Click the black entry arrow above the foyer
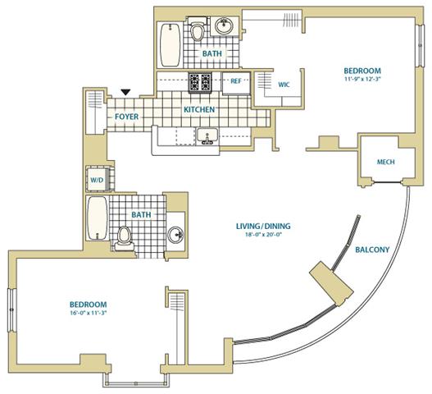pyautogui.click(x=125, y=92)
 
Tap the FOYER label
pyautogui.click(x=127, y=117)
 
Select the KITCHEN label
pyautogui.click(x=199, y=109)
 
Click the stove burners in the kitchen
pyautogui.click(x=200, y=82)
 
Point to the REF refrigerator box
pyautogui.click(x=236, y=83)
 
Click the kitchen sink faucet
pyautogui.click(x=207, y=140)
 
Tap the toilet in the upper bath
pyautogui.click(x=198, y=29)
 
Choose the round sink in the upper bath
pyautogui.click(x=225, y=26)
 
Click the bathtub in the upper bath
pyautogui.click(x=171, y=45)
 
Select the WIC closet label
pyautogui.click(x=284, y=85)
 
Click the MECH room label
pyautogui.click(x=386, y=162)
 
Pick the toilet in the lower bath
pyautogui.click(x=124, y=238)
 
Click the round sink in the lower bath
pyautogui.click(x=175, y=235)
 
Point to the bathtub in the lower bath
pyautogui.click(x=98, y=218)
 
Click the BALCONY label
pyautogui.click(x=372, y=250)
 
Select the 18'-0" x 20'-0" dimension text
pyautogui.click(x=263, y=235)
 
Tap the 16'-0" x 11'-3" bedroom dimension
pyautogui.click(x=89, y=314)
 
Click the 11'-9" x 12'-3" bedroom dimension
pyautogui.click(x=362, y=78)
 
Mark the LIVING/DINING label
pyautogui.click(x=263, y=227)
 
